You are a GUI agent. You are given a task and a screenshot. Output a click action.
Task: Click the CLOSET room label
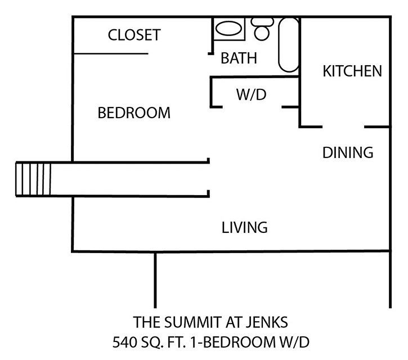pyautogui.click(x=134, y=35)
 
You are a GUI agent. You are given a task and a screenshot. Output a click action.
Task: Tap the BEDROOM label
pyautogui.click(x=134, y=113)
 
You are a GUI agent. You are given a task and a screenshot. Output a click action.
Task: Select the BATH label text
pyautogui.click(x=239, y=58)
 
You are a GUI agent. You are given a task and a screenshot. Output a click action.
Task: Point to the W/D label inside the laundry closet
pyautogui.click(x=252, y=94)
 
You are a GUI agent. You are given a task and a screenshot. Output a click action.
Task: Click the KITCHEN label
pyautogui.click(x=352, y=71)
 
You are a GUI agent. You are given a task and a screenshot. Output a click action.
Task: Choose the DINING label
pyautogui.click(x=348, y=152)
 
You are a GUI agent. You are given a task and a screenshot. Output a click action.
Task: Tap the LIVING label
pyautogui.click(x=245, y=228)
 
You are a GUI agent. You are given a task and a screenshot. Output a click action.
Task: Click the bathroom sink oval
pyautogui.click(x=228, y=28)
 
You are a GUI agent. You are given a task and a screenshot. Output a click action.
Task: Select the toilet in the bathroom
pyautogui.click(x=262, y=29)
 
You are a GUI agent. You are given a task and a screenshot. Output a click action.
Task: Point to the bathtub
pyautogui.click(x=289, y=45)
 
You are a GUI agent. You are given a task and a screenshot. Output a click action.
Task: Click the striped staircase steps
pyautogui.click(x=33, y=179)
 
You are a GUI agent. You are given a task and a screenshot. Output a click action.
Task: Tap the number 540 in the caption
pyautogui.click(x=124, y=342)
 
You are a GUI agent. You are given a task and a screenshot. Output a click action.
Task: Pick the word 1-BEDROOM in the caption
pyautogui.click(x=233, y=342)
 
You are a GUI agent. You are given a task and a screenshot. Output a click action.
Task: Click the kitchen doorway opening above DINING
pyautogui.click(x=343, y=127)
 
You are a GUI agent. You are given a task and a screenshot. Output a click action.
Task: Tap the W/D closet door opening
pyautogui.click(x=252, y=107)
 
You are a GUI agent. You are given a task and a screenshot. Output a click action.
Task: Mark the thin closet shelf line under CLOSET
pyautogui.click(x=111, y=54)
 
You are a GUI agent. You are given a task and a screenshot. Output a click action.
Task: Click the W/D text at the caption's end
pyautogui.click(x=294, y=342)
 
